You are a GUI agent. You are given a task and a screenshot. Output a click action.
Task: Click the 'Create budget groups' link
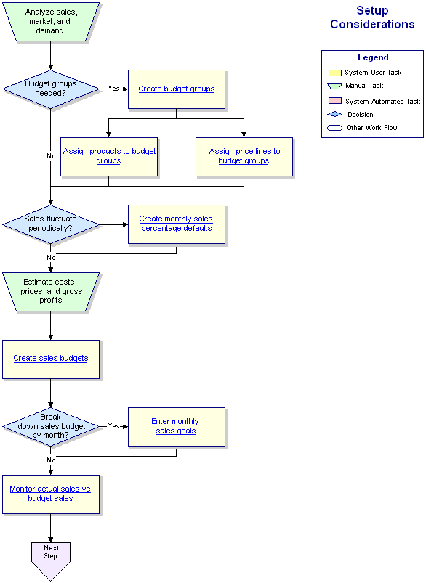pos(177,89)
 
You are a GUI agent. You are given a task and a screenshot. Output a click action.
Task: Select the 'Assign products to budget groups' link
pos(109,156)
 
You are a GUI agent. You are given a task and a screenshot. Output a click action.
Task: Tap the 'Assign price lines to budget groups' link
pos(244,156)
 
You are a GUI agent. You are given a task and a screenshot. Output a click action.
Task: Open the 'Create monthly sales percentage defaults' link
pos(176,224)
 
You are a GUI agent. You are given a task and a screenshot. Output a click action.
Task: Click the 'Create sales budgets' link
pos(51,358)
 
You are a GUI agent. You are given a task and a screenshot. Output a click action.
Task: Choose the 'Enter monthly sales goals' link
pos(175,426)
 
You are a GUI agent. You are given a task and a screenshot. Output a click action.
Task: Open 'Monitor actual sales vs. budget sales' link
pos(51,494)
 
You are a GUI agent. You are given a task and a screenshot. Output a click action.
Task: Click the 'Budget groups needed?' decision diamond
pos(51,89)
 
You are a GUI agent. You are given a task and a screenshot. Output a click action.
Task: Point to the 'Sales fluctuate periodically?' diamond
pos(51,224)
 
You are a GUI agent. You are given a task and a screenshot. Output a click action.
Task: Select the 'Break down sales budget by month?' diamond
pos(51,426)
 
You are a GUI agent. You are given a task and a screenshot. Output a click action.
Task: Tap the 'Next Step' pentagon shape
pos(51,560)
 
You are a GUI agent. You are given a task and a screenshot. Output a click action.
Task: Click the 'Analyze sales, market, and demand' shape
pos(51,22)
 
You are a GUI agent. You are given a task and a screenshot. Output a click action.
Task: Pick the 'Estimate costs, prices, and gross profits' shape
pos(51,292)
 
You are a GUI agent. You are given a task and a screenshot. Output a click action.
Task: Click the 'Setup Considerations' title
pos(372,17)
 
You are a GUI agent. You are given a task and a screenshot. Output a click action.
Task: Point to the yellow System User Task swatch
pos(335,73)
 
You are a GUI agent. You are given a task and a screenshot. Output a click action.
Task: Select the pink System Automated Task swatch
pos(335,101)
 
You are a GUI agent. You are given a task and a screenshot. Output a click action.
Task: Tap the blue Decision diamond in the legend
pos(334,114)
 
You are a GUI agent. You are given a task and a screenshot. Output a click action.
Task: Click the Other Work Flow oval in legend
pos(334,128)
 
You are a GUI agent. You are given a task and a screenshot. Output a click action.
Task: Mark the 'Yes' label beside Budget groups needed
pos(113,89)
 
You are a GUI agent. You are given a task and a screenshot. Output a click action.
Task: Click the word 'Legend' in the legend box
pos(373,57)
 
